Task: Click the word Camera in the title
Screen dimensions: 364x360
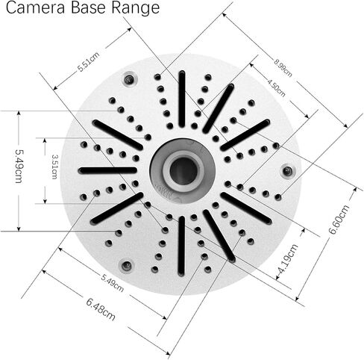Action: pyautogui.click(x=35, y=8)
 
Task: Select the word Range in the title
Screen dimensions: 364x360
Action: pyautogui.click(x=135, y=9)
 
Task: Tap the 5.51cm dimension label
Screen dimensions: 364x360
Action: pyautogui.click(x=89, y=62)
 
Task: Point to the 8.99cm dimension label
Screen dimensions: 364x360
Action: pyautogui.click(x=283, y=68)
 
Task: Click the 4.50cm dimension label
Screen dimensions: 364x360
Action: pyautogui.click(x=276, y=87)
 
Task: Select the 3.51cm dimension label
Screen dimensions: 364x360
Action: pyautogui.click(x=54, y=167)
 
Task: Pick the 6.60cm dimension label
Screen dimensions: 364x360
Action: pyautogui.click(x=339, y=219)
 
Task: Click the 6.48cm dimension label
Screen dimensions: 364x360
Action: pyautogui.click(x=101, y=309)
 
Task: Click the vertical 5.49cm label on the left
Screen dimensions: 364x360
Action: pyautogui.click(x=19, y=166)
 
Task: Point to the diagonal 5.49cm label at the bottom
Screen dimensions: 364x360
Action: pyautogui.click(x=113, y=283)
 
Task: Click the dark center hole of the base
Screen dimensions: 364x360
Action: pyautogui.click(x=183, y=171)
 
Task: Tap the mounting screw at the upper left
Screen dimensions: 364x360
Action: pyautogui.click(x=129, y=80)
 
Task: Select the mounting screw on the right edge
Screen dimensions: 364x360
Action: pyautogui.click(x=288, y=171)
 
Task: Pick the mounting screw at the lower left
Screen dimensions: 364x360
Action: pyautogui.click(x=127, y=266)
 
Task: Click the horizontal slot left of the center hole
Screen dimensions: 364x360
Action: pyautogui.click(x=107, y=170)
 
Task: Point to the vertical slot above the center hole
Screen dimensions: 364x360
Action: pyautogui.click(x=182, y=99)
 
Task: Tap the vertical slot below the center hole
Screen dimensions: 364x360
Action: pyautogui.click(x=182, y=246)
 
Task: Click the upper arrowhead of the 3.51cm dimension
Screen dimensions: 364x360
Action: pyautogui.click(x=45, y=140)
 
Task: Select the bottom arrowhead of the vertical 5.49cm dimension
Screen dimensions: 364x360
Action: pyautogui.click(x=19, y=229)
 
